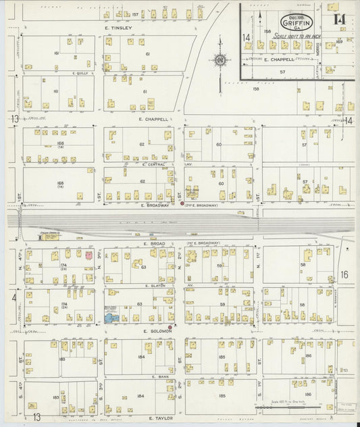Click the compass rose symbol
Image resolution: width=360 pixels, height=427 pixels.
(220, 61)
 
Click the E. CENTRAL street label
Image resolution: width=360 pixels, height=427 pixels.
(154, 164)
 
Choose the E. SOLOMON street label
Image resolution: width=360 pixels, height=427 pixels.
(155, 331)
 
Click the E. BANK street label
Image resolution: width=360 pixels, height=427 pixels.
(159, 376)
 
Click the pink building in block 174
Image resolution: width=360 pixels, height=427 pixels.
(88, 256)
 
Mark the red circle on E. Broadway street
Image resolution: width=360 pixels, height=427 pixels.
(182, 202)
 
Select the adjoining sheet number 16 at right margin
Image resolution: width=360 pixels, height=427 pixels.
(343, 274)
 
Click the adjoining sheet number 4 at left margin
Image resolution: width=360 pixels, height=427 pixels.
(13, 297)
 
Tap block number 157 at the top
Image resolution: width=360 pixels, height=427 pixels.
(135, 14)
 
